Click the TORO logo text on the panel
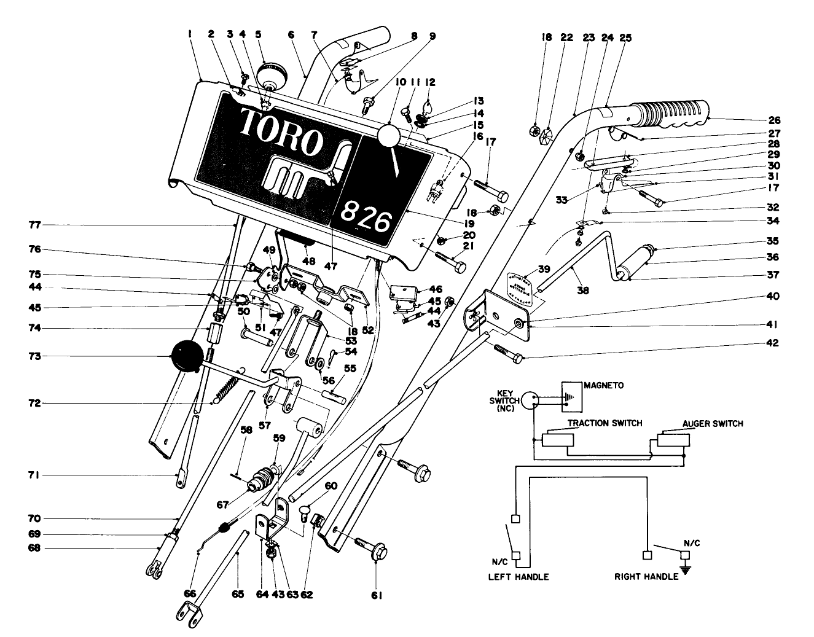point(281,133)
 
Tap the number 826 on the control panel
point(366,216)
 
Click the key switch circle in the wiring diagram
point(532,400)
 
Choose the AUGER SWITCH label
point(713,423)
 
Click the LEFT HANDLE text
point(518,577)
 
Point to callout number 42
point(771,343)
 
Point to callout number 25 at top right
point(625,37)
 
